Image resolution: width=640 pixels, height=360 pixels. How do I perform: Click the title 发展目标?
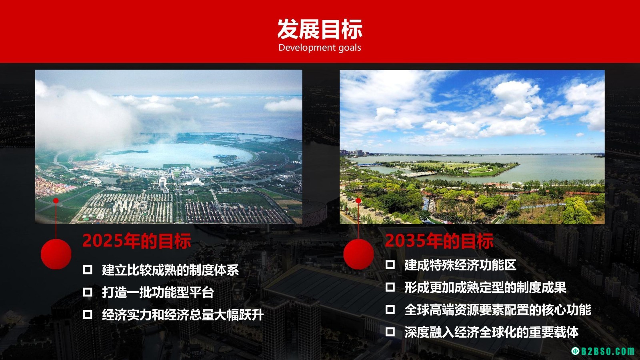[320, 29]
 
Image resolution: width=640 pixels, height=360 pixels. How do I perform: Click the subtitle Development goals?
[320, 48]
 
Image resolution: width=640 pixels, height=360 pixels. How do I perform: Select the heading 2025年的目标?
[136, 241]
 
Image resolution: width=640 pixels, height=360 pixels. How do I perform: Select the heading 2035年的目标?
[439, 241]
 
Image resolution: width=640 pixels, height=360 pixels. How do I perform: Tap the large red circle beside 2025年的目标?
[56, 254]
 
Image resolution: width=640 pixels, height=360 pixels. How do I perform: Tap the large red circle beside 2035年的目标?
[358, 254]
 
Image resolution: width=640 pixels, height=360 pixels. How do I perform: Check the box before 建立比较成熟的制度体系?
[88, 270]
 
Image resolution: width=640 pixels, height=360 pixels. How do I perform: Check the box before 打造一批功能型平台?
[88, 292]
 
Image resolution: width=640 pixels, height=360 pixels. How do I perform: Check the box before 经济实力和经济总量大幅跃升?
[88, 314]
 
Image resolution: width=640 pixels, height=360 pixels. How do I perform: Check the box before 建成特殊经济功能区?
[390, 265]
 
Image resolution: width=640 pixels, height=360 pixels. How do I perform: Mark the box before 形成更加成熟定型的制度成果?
[390, 287]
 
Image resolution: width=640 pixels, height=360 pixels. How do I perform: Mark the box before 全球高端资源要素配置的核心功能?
[390, 310]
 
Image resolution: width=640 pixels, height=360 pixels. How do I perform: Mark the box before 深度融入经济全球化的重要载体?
[390, 332]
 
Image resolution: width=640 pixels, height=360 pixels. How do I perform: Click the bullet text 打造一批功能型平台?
[158, 292]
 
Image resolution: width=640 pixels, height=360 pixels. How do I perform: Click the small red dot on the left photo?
[56, 201]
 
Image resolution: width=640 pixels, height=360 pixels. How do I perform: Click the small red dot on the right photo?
[358, 201]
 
